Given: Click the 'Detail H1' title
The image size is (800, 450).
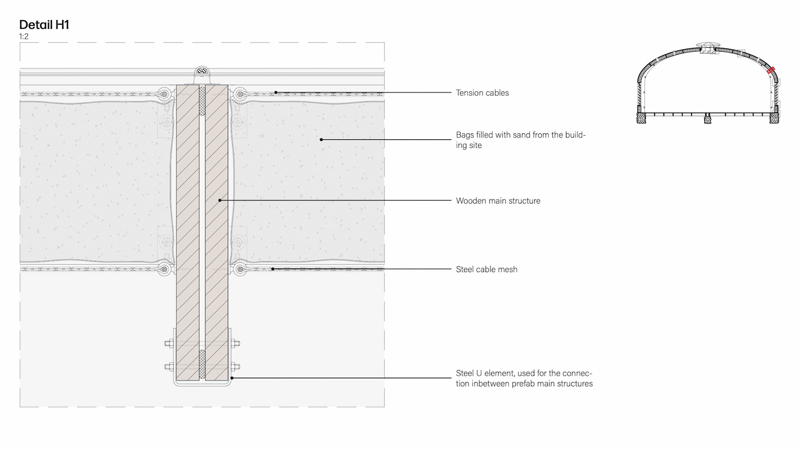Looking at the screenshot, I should click(x=44, y=25).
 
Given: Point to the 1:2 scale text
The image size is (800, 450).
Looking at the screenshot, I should click(x=24, y=37).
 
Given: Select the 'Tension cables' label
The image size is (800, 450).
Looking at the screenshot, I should click(x=482, y=93).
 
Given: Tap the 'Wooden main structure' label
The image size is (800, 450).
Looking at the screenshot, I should click(x=498, y=201).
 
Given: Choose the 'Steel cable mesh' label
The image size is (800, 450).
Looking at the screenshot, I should click(x=486, y=269).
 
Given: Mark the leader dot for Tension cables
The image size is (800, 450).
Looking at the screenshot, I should click(x=276, y=92).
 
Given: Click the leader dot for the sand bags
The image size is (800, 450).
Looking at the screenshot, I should click(x=321, y=140).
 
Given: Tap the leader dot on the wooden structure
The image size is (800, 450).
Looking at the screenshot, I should click(x=220, y=201).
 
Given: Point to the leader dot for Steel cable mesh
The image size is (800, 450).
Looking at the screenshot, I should click(x=273, y=269).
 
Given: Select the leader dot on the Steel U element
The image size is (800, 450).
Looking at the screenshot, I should click(x=232, y=378).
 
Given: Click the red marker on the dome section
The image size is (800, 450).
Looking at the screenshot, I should click(x=770, y=70).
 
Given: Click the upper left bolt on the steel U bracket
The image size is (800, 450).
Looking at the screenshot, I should click(x=169, y=344).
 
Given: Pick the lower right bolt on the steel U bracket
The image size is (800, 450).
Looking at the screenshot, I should click(x=235, y=367).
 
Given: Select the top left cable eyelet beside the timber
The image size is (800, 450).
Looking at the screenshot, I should click(x=165, y=94).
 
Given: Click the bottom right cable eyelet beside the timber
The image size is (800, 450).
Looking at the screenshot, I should click(x=239, y=269).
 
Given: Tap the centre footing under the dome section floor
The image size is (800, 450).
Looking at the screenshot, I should click(x=708, y=120).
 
